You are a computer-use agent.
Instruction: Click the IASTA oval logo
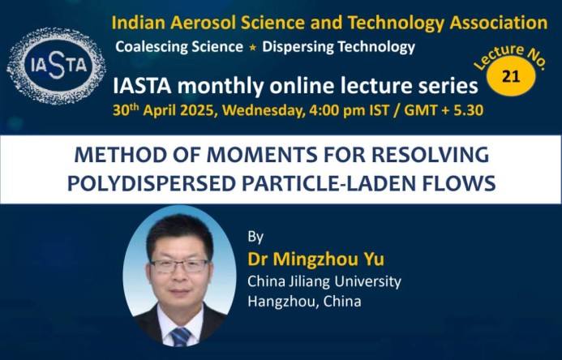56,66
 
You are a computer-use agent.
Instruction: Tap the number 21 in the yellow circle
511,76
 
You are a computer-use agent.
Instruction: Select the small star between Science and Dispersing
253,47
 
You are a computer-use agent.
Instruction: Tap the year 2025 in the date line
198,110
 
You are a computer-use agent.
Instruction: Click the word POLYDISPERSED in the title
152,183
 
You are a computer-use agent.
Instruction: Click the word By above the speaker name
255,237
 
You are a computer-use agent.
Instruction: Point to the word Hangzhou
283,302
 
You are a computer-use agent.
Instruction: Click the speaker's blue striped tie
180,336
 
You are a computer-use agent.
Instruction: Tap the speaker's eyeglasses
179,265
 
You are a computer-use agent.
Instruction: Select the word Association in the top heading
499,23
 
